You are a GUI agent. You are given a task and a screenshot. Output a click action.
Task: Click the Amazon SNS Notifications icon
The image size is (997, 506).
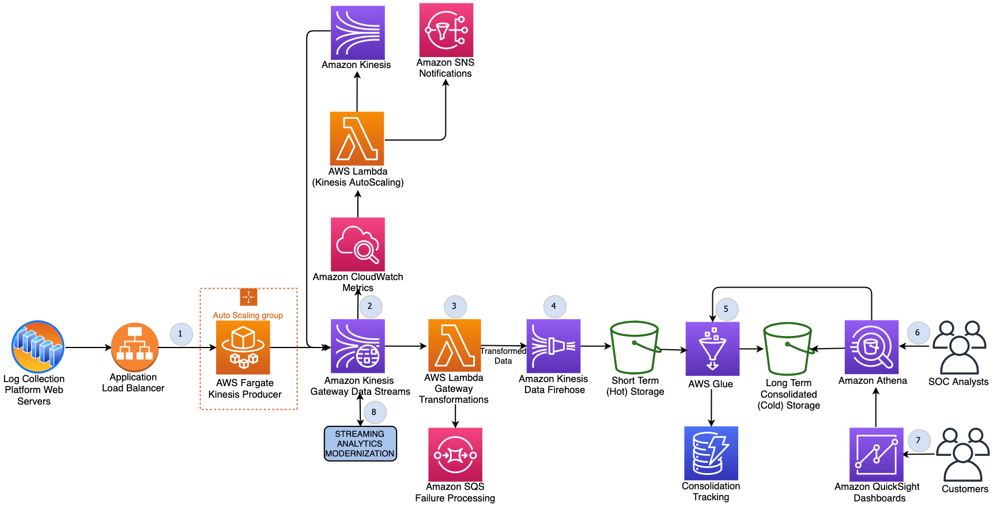[x=446, y=30]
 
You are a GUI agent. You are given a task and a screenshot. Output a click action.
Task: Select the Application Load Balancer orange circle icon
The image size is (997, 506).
[x=134, y=347]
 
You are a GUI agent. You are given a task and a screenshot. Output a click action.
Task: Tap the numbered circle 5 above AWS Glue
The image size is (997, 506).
[x=726, y=309]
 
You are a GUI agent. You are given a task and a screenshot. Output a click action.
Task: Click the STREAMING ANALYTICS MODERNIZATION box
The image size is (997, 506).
[x=360, y=444]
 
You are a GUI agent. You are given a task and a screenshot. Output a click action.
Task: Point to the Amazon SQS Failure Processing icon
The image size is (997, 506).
[x=455, y=455]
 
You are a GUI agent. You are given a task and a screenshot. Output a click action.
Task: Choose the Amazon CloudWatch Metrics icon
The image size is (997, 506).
[x=358, y=244]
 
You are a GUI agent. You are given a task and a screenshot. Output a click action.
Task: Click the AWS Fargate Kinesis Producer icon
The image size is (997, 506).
[x=243, y=348]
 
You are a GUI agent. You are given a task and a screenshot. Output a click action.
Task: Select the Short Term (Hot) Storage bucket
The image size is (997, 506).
[x=635, y=348]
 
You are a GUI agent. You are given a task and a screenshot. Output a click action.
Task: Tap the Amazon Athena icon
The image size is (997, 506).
[x=871, y=348]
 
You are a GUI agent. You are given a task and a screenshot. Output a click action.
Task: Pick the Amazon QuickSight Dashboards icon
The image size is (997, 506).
[x=876, y=455]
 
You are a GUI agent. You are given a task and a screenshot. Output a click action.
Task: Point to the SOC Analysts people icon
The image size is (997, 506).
[x=959, y=348]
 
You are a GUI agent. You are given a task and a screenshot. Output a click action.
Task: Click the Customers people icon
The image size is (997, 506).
[x=963, y=455]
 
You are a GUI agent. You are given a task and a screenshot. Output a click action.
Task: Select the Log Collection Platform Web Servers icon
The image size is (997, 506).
[x=37, y=347]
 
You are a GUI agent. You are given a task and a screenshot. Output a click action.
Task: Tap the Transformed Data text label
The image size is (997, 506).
[x=503, y=356]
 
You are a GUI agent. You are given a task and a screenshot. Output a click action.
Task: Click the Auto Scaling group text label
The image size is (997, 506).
[x=248, y=315]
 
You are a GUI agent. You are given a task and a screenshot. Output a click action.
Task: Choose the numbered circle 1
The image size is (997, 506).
[x=180, y=334]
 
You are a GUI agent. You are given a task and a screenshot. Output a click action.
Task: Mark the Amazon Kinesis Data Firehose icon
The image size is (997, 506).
[x=553, y=346]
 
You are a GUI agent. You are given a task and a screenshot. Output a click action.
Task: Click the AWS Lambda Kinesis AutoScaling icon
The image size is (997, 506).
[x=357, y=139]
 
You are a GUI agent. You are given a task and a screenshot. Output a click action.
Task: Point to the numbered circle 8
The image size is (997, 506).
[x=374, y=412]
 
